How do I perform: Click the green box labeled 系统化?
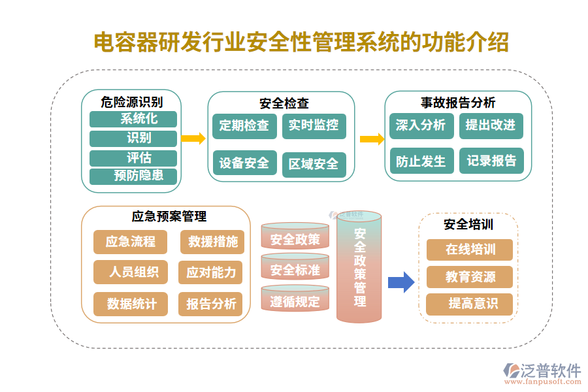pos(133,119)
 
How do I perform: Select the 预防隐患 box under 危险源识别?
pos(133,176)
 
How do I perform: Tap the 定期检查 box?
pos(244,126)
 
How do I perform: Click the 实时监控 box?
pos(314,126)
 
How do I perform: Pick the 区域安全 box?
pos(314,164)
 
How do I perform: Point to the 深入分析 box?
pos(420,125)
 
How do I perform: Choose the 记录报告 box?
pos(491,161)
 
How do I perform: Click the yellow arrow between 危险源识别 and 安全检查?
pos(193,139)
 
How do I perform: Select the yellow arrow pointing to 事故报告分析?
pos(371,139)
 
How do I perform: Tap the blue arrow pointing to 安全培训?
pos(400,282)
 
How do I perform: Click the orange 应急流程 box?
pos(131,242)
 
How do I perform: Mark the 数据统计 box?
pos(131,304)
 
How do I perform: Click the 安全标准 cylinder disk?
pos(295,270)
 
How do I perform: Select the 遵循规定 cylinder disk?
pos(295,301)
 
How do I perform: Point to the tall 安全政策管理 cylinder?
pos(359,268)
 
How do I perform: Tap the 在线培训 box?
pos(470,250)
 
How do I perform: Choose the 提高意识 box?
pos(470,304)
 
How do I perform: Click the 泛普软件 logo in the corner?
pos(542,373)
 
